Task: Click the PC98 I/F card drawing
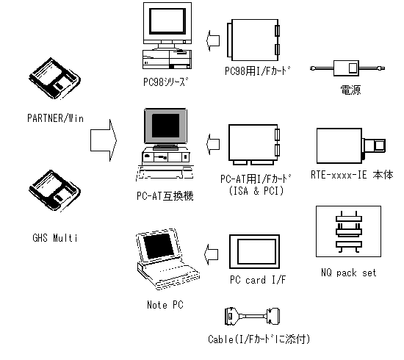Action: point(254,40)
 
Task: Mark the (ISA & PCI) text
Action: point(254,191)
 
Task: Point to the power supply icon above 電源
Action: point(346,68)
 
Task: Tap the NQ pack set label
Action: point(349,273)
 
